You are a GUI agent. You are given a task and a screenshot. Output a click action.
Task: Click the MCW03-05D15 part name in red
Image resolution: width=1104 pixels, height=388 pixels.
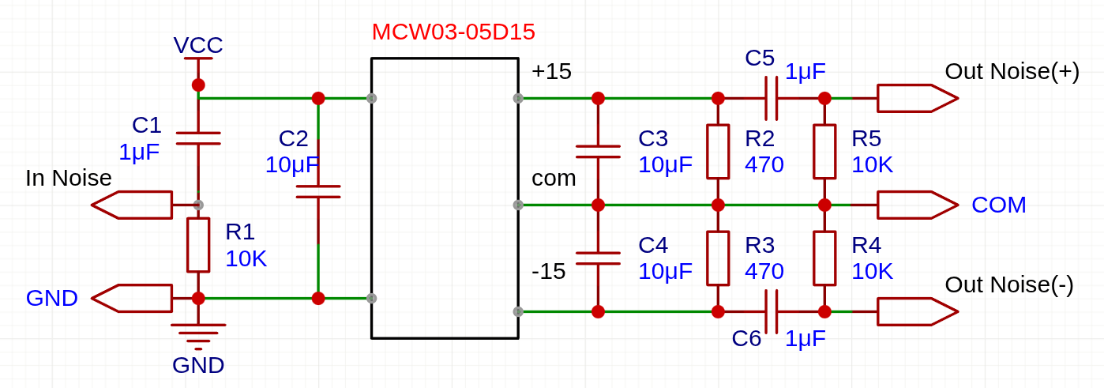point(453,32)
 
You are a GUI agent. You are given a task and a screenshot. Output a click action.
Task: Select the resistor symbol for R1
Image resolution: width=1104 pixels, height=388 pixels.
point(198,245)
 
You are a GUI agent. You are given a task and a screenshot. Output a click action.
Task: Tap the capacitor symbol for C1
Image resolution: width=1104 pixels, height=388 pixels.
point(198,138)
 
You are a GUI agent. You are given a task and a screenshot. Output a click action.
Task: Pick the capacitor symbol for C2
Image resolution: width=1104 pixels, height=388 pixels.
point(318,192)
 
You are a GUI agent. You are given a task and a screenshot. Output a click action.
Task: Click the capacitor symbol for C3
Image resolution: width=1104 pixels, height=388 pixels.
point(598,152)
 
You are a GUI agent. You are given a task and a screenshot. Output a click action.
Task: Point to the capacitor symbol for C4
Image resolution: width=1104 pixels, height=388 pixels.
point(598,258)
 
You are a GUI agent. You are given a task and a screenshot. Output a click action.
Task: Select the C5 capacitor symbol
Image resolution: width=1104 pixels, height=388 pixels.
point(772,99)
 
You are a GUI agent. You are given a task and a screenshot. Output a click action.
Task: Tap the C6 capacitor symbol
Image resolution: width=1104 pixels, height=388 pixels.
point(772,311)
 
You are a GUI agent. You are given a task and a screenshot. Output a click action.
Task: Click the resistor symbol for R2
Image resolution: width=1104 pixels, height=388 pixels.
point(718,152)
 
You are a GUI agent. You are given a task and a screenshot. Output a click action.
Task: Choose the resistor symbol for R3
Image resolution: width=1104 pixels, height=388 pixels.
point(718,258)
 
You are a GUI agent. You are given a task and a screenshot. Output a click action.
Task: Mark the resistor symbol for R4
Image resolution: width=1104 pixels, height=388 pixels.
point(824,258)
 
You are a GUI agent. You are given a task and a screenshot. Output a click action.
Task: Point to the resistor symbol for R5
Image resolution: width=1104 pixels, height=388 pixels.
point(824,152)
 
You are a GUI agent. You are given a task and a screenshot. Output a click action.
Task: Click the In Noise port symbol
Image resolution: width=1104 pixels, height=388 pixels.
point(132,205)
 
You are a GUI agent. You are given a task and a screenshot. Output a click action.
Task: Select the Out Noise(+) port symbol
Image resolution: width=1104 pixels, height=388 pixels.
point(918,99)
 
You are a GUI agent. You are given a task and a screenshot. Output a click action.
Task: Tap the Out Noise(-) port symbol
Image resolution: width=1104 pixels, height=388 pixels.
point(918,311)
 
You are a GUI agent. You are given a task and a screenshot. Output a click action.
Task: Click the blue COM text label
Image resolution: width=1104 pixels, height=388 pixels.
point(998,205)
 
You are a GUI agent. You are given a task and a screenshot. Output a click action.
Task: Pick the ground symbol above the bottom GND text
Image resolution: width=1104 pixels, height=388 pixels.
point(198,336)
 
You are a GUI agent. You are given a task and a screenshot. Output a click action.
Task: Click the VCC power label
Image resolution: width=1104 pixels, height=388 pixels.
point(198,45)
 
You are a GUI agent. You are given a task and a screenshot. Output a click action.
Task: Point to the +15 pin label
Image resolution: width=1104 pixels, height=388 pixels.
point(551,72)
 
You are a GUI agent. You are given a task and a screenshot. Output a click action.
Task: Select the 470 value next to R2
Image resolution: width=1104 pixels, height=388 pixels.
point(764,164)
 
